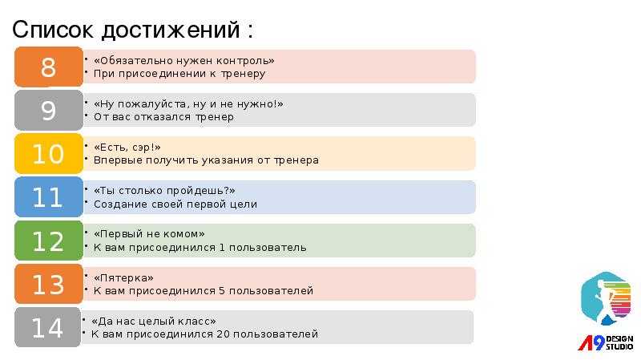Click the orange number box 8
pos(48,67)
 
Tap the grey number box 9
pos(48,111)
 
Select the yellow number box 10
pos(48,154)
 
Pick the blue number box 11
pos(48,197)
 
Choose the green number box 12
pos(48,241)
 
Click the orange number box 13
pos(48,284)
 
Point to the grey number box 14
pos(48,327)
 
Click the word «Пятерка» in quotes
pos(123,277)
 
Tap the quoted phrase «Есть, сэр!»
pos(127,148)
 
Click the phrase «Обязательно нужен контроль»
pos(183,60)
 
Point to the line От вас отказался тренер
pos(163,117)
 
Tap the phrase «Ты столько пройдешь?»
pos(164,191)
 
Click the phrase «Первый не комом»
pos(149,234)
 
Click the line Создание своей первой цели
pos(175,204)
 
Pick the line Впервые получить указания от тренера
pos(206,160)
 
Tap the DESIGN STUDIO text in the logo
pos(619,343)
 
